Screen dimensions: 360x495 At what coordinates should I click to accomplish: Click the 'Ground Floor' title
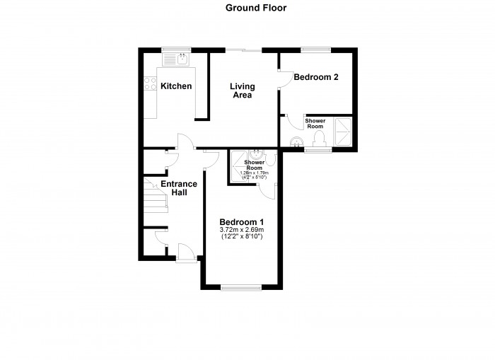click(x=246, y=8)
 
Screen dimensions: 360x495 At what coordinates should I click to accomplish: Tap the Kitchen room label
click(x=176, y=86)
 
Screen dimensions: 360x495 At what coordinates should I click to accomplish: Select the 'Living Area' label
click(x=242, y=91)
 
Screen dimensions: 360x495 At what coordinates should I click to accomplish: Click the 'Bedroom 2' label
click(x=315, y=77)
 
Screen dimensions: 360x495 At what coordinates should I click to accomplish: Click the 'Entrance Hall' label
click(x=178, y=188)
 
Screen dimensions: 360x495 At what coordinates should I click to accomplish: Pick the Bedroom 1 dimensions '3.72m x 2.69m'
click(x=241, y=230)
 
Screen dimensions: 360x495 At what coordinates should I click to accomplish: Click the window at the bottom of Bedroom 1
click(x=241, y=287)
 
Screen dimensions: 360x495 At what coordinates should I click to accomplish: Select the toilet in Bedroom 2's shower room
click(x=319, y=137)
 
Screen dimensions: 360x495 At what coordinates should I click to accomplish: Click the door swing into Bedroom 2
click(x=284, y=79)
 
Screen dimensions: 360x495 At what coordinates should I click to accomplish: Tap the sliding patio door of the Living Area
click(x=243, y=50)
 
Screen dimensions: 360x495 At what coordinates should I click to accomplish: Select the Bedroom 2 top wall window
click(x=312, y=50)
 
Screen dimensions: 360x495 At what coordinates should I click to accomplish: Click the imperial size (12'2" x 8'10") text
click(x=241, y=238)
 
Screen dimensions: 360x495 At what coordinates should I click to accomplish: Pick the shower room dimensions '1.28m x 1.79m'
click(x=253, y=173)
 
